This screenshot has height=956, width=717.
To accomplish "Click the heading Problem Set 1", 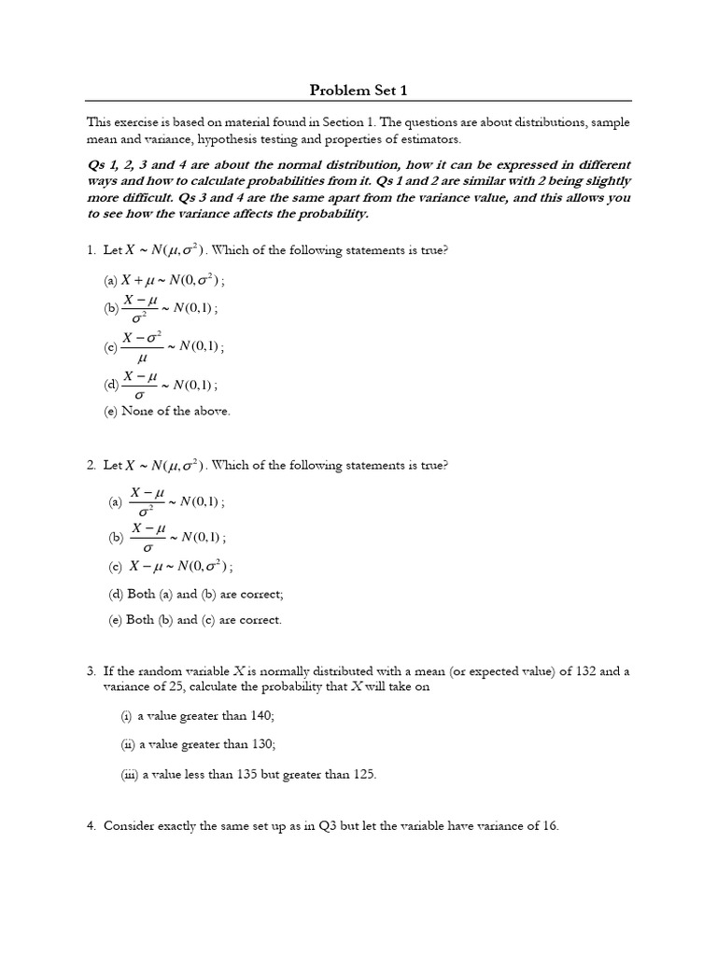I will click(x=358, y=91).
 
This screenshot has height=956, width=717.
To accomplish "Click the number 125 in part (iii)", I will click(x=362, y=773).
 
